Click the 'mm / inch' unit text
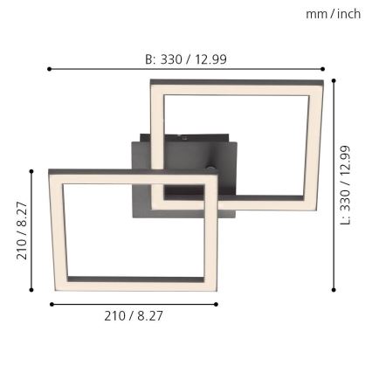(333, 14)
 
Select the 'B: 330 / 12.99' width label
(185, 59)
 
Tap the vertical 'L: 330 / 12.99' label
(345, 184)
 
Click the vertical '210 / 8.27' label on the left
(22, 231)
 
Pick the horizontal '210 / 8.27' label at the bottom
(134, 316)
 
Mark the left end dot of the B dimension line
(50, 69)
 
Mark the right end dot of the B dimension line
(322, 69)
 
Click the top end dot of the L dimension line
(333, 80)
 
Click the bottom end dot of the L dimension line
(333, 290)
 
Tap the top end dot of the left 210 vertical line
(31, 172)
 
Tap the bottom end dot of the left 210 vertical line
(31, 290)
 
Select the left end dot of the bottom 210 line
(52, 304)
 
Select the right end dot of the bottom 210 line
(217, 304)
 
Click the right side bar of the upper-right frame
(314, 144)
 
